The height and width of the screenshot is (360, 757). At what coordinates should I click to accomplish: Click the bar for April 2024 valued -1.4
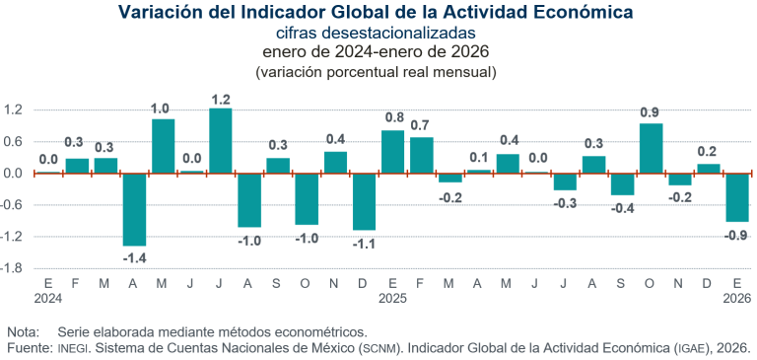tap(134, 209)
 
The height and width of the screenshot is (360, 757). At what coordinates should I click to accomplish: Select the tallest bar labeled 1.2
tap(221, 141)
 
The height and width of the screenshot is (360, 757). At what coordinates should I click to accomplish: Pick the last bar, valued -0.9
tap(736, 197)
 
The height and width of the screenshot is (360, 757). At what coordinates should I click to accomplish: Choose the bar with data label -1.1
tap(364, 201)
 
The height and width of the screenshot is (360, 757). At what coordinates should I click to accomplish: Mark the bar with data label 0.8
tap(392, 152)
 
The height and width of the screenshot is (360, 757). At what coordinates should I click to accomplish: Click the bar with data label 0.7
tap(421, 155)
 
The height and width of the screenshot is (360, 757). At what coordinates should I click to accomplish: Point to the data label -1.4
tap(134, 257)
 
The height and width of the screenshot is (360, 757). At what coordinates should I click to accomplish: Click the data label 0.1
tap(479, 157)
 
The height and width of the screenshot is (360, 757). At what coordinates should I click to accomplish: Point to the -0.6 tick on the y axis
tap(14, 205)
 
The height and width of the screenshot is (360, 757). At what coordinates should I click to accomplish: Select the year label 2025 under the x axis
tap(392, 297)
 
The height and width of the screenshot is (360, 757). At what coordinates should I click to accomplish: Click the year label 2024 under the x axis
tap(47, 297)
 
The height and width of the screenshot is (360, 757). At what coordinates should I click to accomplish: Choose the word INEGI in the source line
tap(72, 348)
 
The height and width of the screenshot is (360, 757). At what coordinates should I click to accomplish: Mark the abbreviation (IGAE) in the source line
tap(689, 348)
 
